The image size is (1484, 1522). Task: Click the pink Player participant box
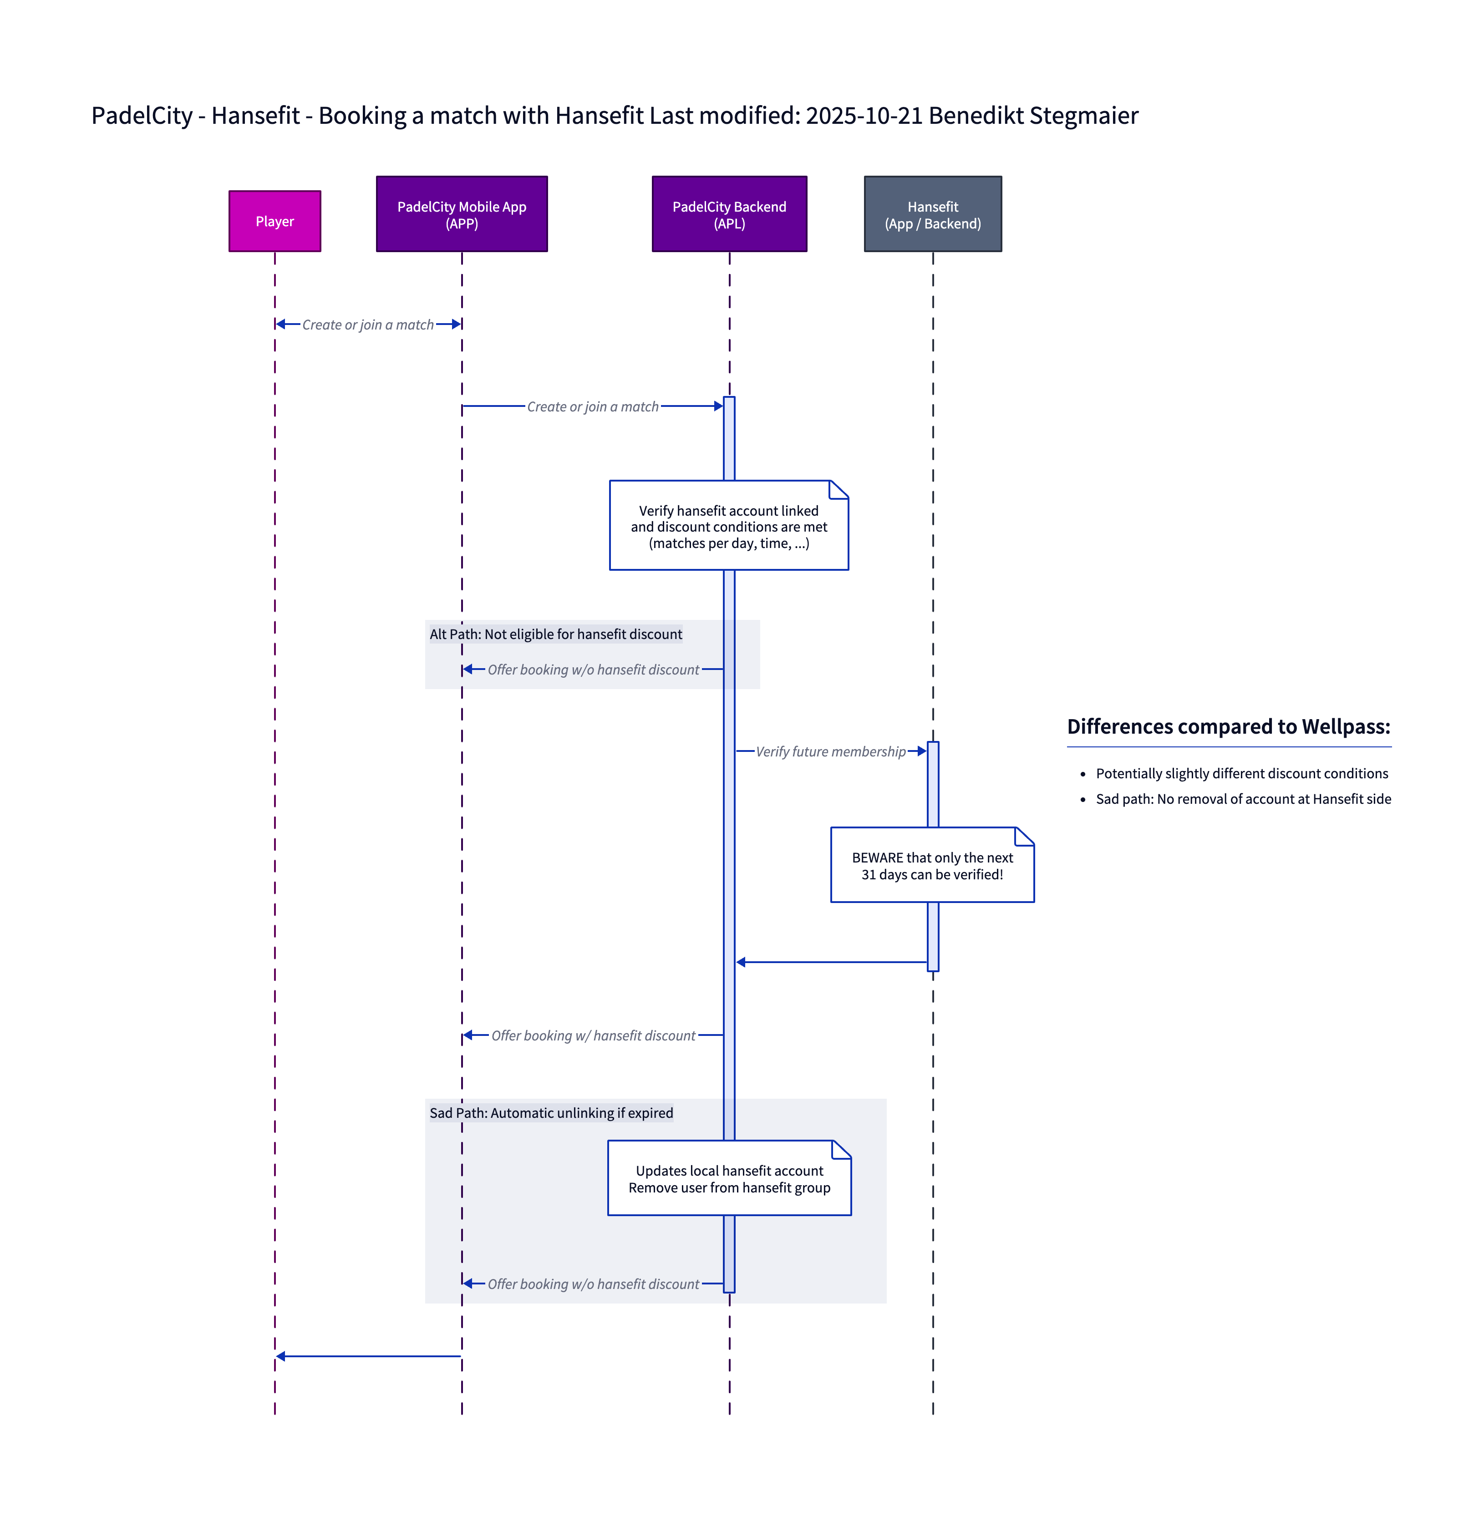click(274, 221)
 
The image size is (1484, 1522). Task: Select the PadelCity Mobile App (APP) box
click(462, 214)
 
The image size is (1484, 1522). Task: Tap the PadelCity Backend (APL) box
click(729, 214)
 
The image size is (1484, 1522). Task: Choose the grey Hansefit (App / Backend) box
click(932, 214)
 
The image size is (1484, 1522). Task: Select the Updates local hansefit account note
click(729, 1178)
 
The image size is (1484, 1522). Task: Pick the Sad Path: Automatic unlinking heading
click(551, 1113)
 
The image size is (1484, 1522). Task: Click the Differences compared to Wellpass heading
click(1228, 726)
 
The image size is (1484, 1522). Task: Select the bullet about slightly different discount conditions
click(1242, 773)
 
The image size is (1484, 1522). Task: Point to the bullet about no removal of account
click(1243, 799)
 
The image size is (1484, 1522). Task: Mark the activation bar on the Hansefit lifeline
click(933, 935)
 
